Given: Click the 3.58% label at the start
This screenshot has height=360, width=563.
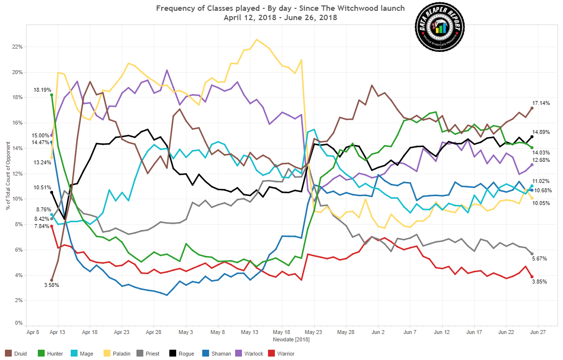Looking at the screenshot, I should tap(51, 285).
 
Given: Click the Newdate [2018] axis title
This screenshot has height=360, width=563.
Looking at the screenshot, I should tap(290, 339).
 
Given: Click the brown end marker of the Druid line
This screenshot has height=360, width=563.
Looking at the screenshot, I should tap(532, 108).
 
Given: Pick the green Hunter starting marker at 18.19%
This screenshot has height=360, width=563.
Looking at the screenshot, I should tap(52, 95).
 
